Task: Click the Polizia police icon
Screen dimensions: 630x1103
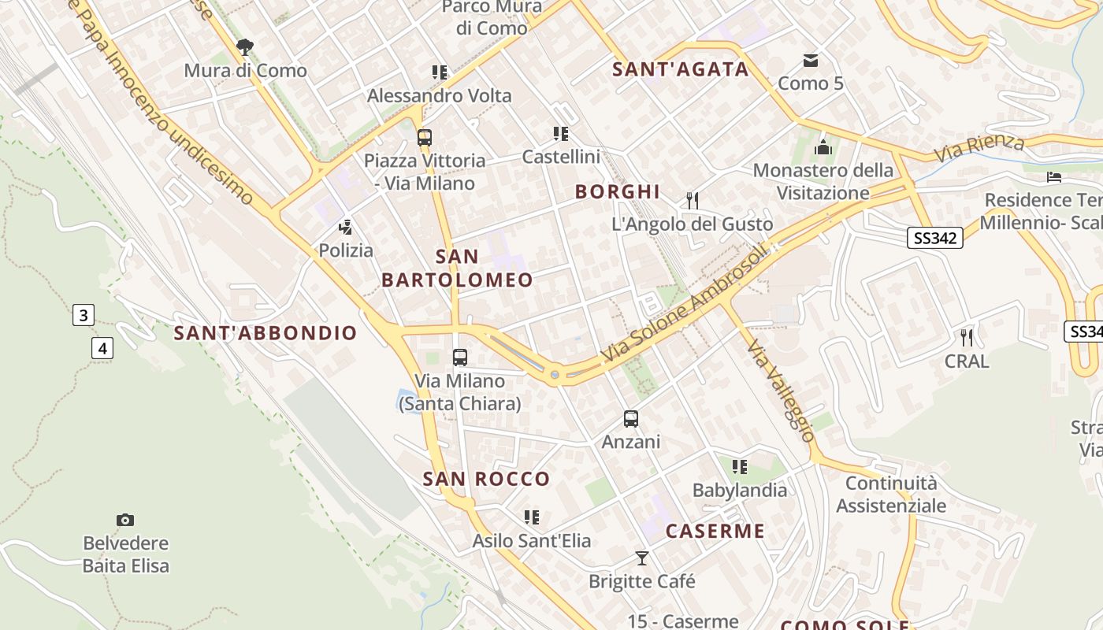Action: point(345,228)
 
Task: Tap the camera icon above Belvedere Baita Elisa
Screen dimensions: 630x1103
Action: point(125,520)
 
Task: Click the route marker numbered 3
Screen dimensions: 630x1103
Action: point(83,316)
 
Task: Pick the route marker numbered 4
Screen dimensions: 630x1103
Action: point(102,347)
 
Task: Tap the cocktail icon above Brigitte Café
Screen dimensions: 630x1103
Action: point(642,558)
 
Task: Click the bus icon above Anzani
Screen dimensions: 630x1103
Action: point(630,419)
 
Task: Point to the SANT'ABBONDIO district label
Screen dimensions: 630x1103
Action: point(266,333)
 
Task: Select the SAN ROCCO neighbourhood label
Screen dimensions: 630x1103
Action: point(486,479)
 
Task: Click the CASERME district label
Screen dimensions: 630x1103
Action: point(715,532)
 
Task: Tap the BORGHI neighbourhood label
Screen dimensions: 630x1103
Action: point(617,192)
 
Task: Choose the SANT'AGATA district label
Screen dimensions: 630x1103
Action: point(681,69)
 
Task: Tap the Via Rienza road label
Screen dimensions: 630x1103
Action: point(980,147)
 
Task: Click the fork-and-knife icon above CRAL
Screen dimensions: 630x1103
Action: point(967,338)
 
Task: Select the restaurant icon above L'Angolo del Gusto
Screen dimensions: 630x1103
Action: point(693,201)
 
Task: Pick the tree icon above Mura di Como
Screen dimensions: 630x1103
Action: point(245,47)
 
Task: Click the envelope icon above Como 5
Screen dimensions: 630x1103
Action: point(810,61)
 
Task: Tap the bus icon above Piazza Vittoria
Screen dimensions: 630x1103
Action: point(425,138)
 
